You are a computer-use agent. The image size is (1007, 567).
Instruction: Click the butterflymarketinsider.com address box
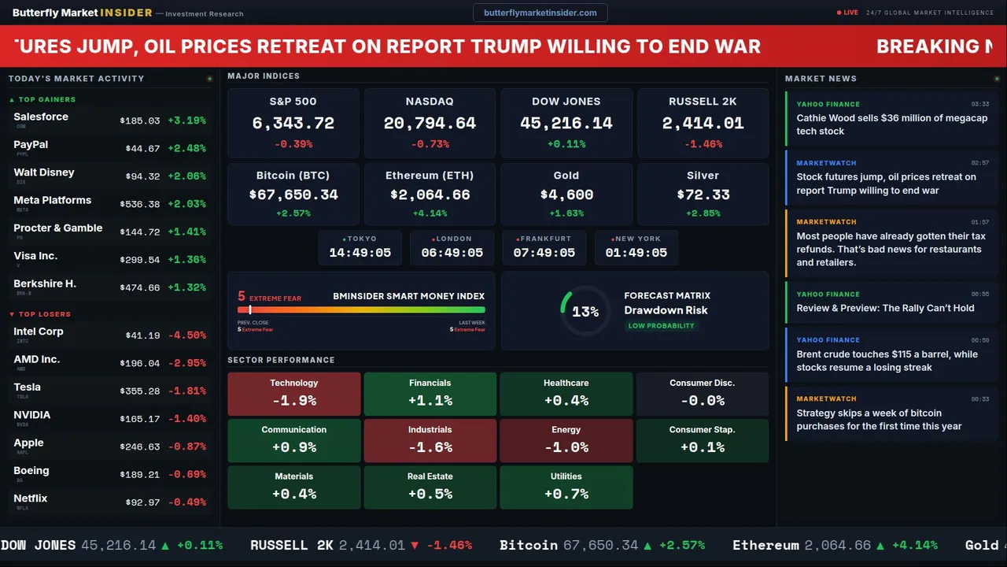(x=540, y=13)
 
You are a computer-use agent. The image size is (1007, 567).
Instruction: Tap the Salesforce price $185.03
(x=140, y=121)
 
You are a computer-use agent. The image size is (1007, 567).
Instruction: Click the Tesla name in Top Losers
(x=28, y=387)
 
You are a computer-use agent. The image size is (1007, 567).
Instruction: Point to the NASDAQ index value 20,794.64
(x=430, y=124)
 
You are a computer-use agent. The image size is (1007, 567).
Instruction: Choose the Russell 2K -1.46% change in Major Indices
(x=703, y=144)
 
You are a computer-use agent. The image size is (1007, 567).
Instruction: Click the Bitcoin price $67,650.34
(x=293, y=195)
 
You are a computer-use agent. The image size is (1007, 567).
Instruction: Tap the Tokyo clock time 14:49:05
(x=360, y=253)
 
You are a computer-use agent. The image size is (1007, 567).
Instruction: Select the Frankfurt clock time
(x=544, y=253)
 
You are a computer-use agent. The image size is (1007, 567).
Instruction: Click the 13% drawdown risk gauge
(x=585, y=311)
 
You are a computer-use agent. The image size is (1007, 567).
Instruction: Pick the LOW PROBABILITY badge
(x=661, y=326)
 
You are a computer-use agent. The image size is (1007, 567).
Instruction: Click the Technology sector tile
(x=294, y=394)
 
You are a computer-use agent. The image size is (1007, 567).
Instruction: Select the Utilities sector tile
(x=566, y=487)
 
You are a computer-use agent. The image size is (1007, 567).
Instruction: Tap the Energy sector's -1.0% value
(x=566, y=447)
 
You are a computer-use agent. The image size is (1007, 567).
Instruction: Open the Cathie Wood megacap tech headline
(x=891, y=124)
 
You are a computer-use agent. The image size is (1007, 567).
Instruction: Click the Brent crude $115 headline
(x=887, y=361)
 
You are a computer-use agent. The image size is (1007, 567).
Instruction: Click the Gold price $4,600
(x=566, y=195)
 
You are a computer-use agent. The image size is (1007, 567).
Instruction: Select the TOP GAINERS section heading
(x=47, y=100)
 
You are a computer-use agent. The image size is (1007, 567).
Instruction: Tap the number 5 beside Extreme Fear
(x=242, y=297)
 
